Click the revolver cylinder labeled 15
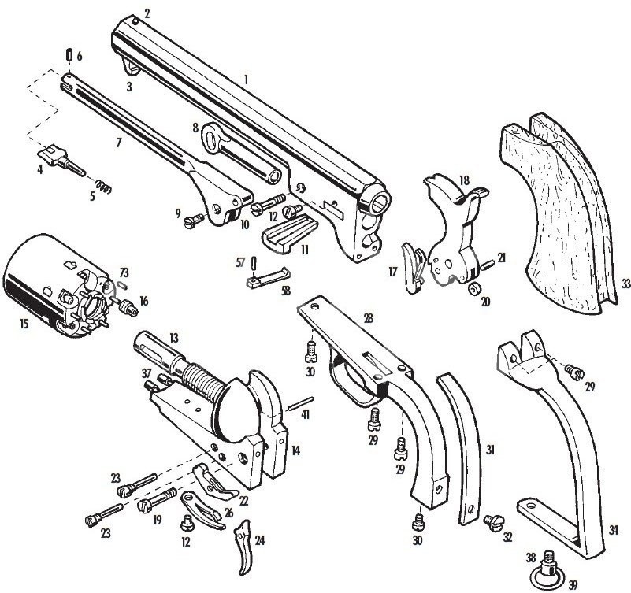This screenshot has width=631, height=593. pyautogui.click(x=57, y=284)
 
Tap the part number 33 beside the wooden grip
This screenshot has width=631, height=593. pyautogui.click(x=625, y=284)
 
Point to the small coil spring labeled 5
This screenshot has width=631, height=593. pyautogui.click(x=104, y=187)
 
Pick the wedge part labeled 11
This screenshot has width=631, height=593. pyautogui.click(x=289, y=234)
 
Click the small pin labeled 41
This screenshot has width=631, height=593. pyautogui.click(x=301, y=404)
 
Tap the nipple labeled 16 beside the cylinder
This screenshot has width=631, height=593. pyautogui.click(x=128, y=308)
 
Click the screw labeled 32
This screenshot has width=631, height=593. pyautogui.click(x=492, y=522)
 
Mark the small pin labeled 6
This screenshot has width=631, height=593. pyautogui.click(x=69, y=54)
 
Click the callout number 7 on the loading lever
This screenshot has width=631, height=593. pyautogui.click(x=118, y=143)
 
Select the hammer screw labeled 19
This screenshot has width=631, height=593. pyautogui.click(x=157, y=498)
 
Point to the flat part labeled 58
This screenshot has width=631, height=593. pyautogui.click(x=268, y=276)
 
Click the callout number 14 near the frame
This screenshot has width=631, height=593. pyautogui.click(x=295, y=450)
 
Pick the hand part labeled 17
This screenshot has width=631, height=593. pyautogui.click(x=413, y=268)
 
